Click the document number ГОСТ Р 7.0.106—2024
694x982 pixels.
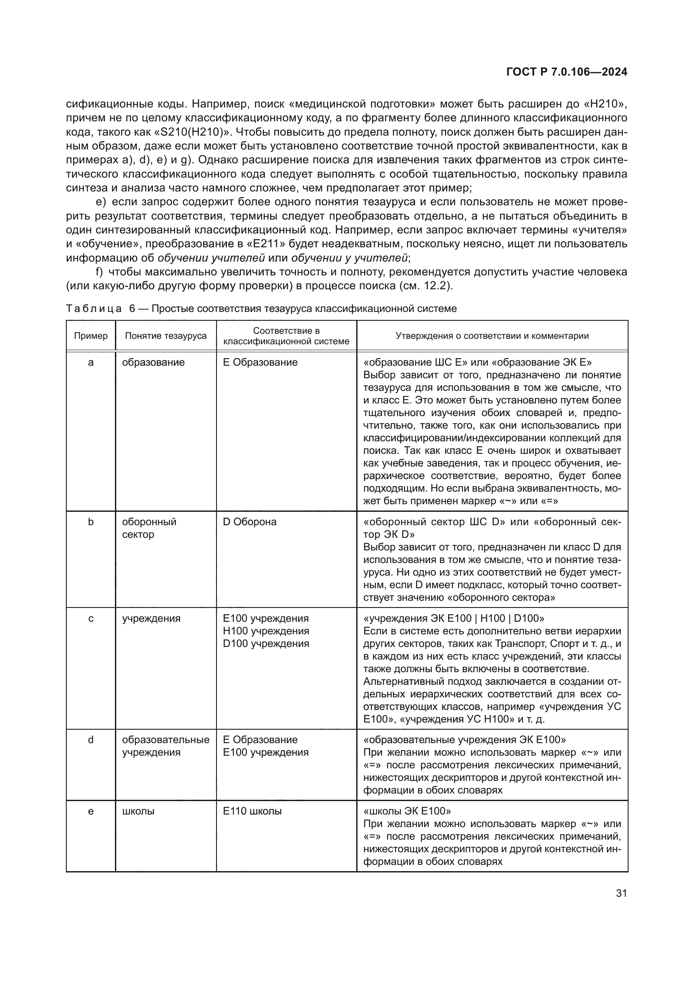tap(566, 72)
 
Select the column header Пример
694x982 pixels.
tap(91, 336)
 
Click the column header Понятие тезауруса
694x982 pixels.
tap(165, 336)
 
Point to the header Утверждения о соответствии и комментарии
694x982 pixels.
tap(492, 336)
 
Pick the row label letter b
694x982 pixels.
tap(91, 522)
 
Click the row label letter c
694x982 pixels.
tap(91, 618)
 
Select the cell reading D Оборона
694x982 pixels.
tap(250, 522)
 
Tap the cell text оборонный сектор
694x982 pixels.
tap(149, 528)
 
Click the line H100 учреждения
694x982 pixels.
tap(266, 631)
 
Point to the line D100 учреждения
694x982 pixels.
tap(266, 643)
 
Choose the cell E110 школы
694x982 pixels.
tap(252, 811)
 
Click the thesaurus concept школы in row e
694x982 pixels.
tap(138, 811)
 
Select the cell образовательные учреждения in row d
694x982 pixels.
tap(165, 746)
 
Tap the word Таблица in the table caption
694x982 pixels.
tap(94, 309)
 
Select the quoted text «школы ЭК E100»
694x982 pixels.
tap(407, 811)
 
